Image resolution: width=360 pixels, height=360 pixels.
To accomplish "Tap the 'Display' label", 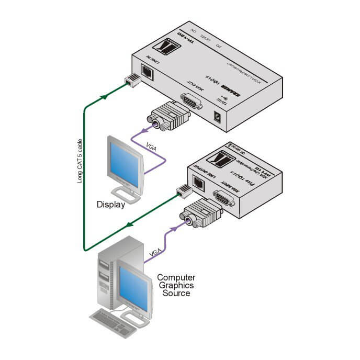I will [x=111, y=205].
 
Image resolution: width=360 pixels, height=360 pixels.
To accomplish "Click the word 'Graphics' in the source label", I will [x=176, y=285].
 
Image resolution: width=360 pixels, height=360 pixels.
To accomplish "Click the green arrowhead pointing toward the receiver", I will [x=107, y=96].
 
